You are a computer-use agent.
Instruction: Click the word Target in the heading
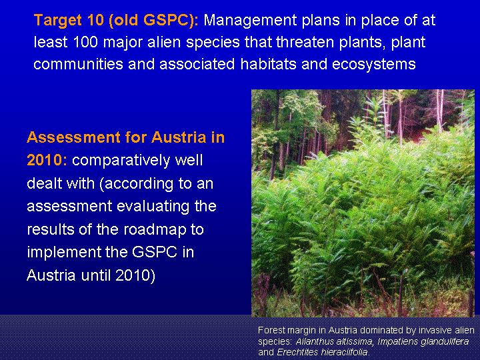(58, 21)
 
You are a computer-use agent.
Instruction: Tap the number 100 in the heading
(85, 42)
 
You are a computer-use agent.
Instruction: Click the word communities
(78, 64)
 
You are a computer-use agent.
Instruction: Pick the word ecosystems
(374, 65)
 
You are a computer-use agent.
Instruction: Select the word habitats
(268, 64)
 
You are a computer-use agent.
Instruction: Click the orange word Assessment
(73, 137)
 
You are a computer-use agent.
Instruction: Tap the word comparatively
(121, 161)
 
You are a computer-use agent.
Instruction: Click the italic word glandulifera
(445, 341)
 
